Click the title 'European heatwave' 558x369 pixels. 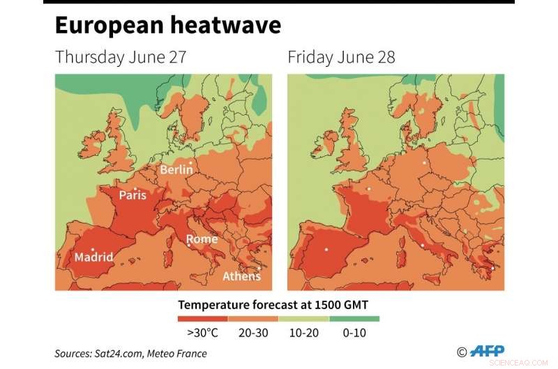tap(167, 26)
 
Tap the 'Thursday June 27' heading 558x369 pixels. tap(121, 57)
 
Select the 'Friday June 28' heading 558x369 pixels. tap(341, 57)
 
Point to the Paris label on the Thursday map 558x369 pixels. tap(133, 195)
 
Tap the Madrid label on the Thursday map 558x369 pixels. tap(93, 257)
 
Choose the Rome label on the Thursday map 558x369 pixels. tap(202, 240)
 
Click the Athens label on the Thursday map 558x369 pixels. tap(241, 276)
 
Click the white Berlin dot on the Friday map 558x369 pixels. tap(423, 164)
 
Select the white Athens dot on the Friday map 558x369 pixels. tap(492, 268)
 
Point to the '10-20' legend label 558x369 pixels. tap(303, 333)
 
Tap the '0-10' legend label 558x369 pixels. tap(354, 333)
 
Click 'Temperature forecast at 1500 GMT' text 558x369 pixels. tap(278, 304)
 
